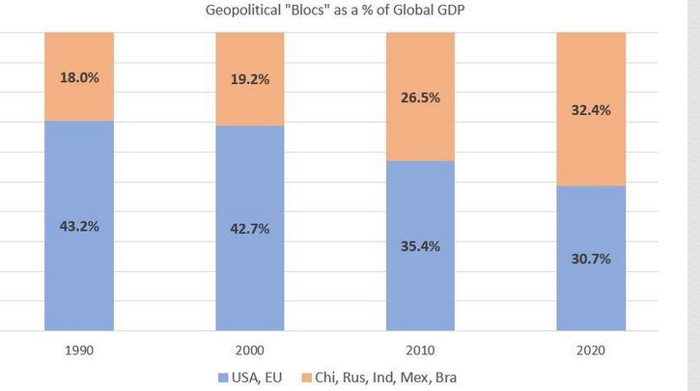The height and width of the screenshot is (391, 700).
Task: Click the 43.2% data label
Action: pyautogui.click(x=79, y=226)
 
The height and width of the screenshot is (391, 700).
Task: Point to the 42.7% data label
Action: pyautogui.click(x=249, y=229)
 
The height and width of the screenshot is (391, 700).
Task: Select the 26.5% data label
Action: pyautogui.click(x=421, y=97)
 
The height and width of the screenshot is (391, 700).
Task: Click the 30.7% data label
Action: pyautogui.click(x=591, y=259)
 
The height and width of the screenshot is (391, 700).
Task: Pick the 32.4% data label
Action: pyautogui.click(x=591, y=110)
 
